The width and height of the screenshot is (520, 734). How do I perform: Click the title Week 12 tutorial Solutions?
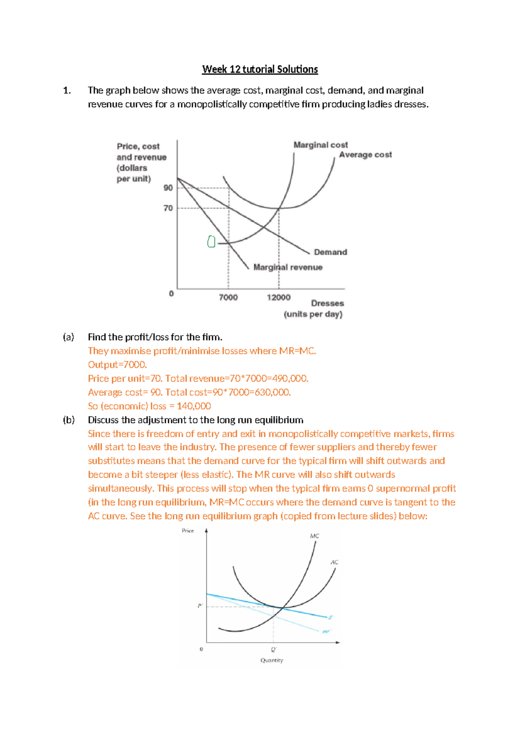pos(260,69)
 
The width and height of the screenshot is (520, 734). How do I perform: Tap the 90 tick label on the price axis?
pos(168,188)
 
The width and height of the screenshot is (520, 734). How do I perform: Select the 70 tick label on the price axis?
pos(168,208)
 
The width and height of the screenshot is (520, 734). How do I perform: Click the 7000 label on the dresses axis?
pos(228,297)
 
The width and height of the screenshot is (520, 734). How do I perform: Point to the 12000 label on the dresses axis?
pos(279,297)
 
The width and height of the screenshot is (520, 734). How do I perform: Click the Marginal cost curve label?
pos(321,145)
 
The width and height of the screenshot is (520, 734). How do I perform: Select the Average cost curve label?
pos(365,155)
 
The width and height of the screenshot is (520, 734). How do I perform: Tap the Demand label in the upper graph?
pos(330,252)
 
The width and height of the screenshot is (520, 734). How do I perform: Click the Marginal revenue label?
pos(288,267)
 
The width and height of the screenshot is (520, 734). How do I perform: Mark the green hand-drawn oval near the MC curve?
pos(211,241)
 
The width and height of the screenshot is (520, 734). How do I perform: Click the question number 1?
pos(67,90)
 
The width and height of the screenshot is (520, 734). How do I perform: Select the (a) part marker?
pos(68,337)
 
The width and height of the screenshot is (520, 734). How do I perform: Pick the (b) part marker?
pos(68,420)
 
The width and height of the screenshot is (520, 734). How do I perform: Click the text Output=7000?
pos(117,365)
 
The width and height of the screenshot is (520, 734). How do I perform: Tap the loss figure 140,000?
pos(194,406)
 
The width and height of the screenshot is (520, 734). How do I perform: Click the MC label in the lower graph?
pos(315,536)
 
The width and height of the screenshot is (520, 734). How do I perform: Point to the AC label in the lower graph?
pos(335,562)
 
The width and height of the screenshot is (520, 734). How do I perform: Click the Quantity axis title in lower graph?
pos(272,660)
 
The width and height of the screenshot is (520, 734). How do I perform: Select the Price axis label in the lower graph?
pos(188,531)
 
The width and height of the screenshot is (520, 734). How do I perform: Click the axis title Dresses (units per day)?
pos(314,309)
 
